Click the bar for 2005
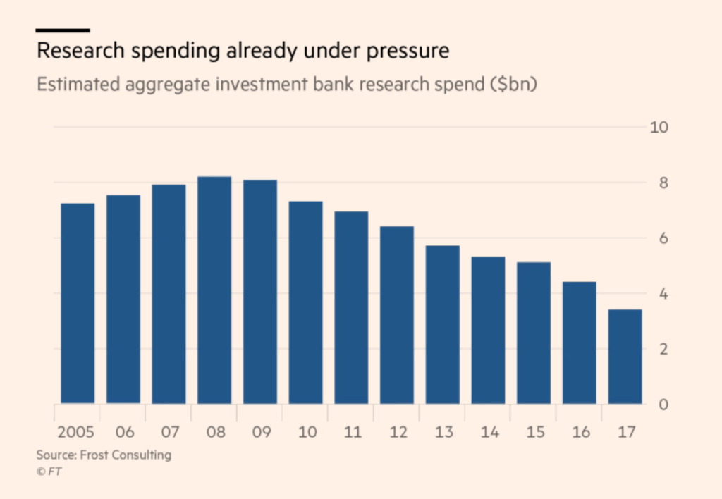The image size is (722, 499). click(78, 303)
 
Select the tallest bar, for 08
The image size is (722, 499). click(214, 290)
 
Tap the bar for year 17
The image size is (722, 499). click(625, 356)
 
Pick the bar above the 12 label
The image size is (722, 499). click(397, 314)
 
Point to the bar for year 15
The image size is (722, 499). click(534, 333)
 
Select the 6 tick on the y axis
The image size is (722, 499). click(663, 238)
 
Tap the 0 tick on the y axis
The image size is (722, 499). click(663, 405)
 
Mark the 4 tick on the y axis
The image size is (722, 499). click(663, 294)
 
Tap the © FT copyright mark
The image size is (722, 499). click(49, 472)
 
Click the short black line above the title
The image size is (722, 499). click(63, 30)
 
